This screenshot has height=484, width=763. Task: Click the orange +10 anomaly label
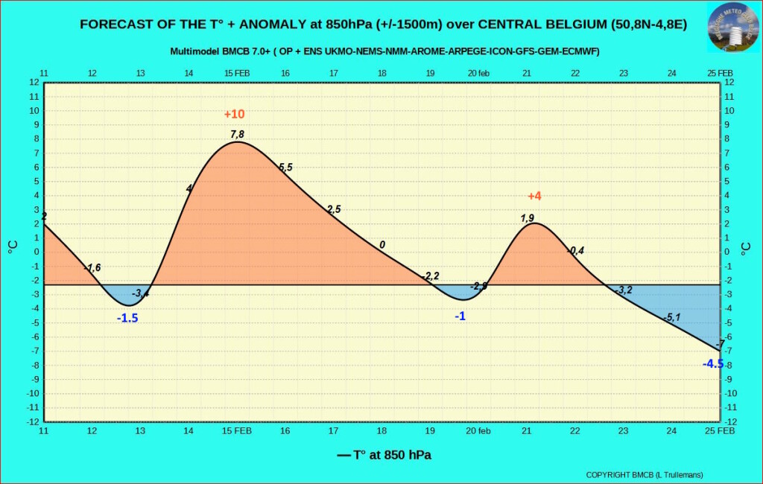tap(234, 114)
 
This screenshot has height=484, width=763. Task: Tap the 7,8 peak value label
tap(237, 134)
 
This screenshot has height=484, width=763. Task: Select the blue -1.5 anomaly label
tap(127, 318)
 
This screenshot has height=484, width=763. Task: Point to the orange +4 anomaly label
tap(534, 197)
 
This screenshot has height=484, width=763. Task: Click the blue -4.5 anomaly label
tap(713, 363)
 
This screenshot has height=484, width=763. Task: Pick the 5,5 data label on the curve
tap(285, 168)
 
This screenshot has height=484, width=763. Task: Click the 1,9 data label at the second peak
tap(527, 218)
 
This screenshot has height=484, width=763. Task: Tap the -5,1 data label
tap(672, 318)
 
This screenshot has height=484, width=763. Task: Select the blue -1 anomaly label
tap(460, 316)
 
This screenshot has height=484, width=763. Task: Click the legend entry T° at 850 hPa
tap(384, 455)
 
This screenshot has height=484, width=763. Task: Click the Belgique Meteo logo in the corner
tap(732, 27)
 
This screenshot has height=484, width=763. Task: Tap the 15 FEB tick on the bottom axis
tap(237, 430)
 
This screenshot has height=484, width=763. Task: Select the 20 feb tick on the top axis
tap(478, 73)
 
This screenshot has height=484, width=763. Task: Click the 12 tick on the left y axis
tap(34, 82)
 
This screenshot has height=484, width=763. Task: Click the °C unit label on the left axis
tap(13, 247)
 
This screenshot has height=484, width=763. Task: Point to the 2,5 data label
tap(333, 209)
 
